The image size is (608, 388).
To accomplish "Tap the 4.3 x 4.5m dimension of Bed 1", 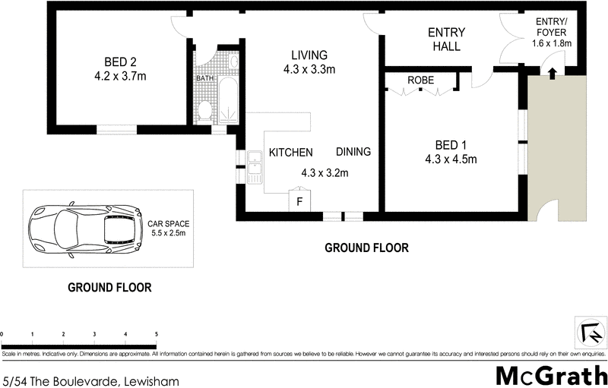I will tap(450, 159).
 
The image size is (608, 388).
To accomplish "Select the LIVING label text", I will tap(309, 55).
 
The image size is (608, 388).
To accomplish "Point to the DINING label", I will tap(353, 152).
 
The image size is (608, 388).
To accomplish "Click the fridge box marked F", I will tap(299, 202).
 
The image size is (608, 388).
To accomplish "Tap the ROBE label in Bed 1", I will tap(420, 80).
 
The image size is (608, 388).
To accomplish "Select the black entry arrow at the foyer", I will tap(552, 73).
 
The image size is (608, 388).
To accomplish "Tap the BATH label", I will tap(205, 78).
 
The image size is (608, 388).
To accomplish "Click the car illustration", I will tap(85, 226).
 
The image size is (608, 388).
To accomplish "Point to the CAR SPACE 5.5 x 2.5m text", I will tap(168, 229).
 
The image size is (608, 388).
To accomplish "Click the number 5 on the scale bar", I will tap(156, 334).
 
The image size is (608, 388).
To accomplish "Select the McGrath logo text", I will tap(551, 374).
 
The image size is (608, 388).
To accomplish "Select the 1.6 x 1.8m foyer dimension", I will tap(552, 43).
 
